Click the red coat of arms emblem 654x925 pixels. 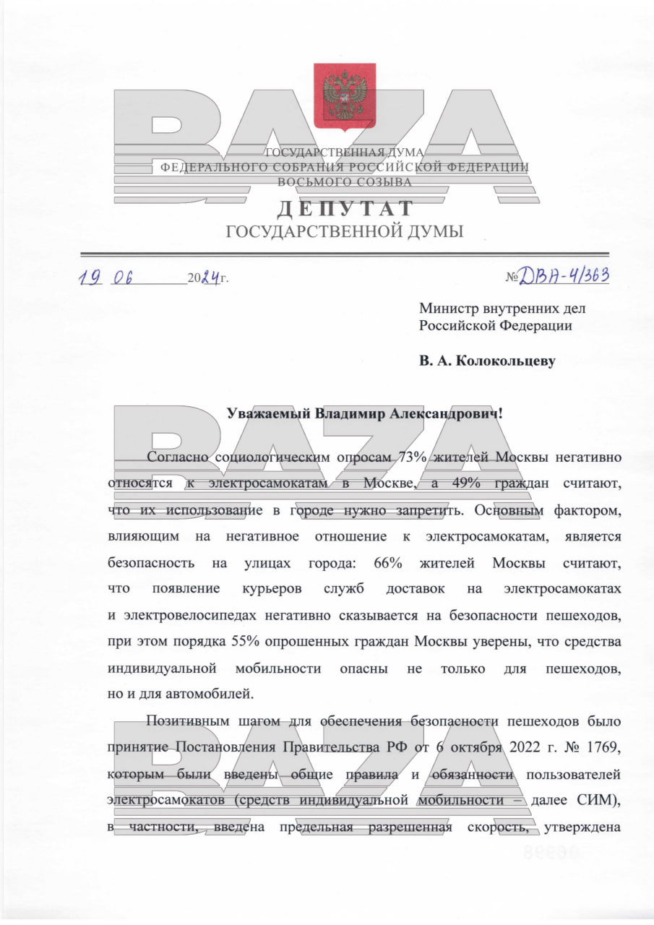pyautogui.click(x=345, y=97)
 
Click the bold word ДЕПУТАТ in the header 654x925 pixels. pyautogui.click(x=345, y=209)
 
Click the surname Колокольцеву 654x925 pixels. pyautogui.click(x=509, y=360)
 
